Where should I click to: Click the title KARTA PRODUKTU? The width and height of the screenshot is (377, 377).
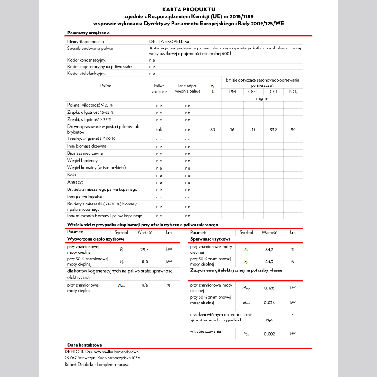[188, 9]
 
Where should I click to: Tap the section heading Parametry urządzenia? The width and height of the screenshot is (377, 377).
[89, 33]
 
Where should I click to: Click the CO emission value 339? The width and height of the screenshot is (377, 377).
[273, 129]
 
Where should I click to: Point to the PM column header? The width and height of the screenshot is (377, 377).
[232, 92]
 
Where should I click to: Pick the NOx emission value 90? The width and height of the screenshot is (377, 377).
[293, 129]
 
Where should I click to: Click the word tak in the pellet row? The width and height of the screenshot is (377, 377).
[159, 129]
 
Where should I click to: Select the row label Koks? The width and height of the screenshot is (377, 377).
[72, 175]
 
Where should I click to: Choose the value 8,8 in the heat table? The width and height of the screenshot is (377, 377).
[145, 261]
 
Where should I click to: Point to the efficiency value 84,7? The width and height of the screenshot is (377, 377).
[269, 249]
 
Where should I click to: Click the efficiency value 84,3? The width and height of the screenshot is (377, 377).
[269, 261]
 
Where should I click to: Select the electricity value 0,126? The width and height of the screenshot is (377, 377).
[269, 288]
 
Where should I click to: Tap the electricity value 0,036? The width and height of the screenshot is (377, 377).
[269, 302]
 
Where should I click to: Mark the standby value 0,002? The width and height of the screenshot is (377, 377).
[269, 333]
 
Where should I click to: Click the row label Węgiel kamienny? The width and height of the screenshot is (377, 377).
[82, 161]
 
